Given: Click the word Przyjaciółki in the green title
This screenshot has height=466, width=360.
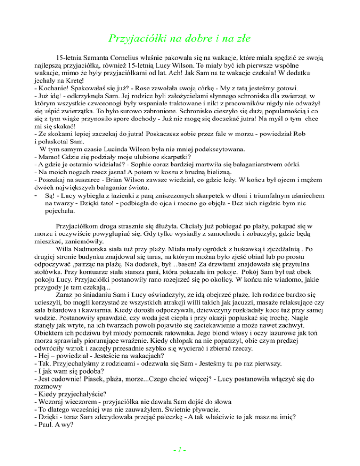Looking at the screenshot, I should [x=135, y=38].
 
